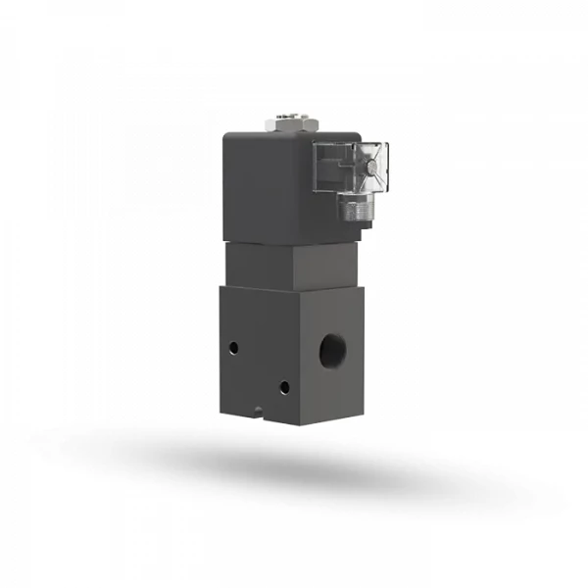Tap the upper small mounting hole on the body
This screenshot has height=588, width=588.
234,347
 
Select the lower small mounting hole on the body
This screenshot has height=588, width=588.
283,387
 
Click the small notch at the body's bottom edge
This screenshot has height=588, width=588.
258,409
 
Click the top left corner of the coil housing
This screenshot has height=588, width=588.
224,135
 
